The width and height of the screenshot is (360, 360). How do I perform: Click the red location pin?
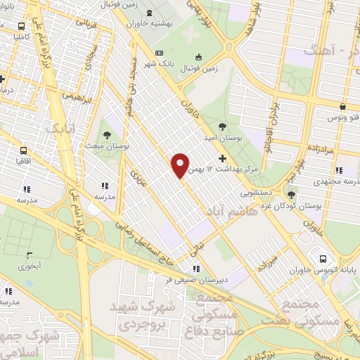click(180, 165)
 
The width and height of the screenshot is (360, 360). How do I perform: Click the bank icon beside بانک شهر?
click(159, 53)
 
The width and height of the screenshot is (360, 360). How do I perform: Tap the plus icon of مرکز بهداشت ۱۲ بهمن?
click(223, 158)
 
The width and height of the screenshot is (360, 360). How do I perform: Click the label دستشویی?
click(258, 190)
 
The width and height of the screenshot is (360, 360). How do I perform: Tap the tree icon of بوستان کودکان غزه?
click(291, 195)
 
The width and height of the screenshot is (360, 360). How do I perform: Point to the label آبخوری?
click(31, 266)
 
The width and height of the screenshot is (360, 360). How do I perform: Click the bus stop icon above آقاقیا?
click(25, 150)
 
